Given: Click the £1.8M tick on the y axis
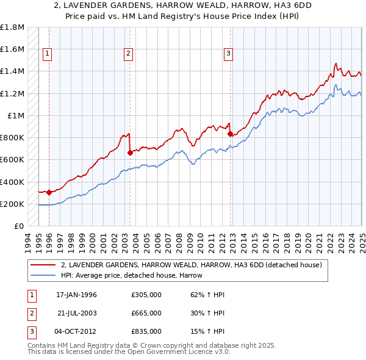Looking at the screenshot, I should [12, 27].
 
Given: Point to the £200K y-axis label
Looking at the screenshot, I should [12, 204].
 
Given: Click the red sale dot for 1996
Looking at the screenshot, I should [49, 192].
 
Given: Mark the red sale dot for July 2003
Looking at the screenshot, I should [130, 153].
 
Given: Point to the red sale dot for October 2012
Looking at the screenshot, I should [229, 134].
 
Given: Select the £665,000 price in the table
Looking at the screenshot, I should [146, 313].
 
